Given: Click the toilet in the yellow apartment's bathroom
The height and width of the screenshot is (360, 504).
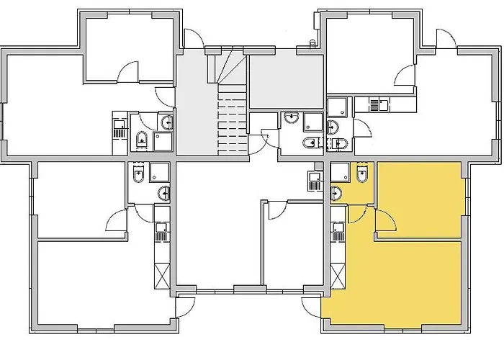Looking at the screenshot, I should click(x=363, y=173).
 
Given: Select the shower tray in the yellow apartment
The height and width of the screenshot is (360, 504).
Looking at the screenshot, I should click(x=341, y=173).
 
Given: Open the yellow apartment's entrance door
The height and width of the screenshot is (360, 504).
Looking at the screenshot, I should click(x=311, y=306).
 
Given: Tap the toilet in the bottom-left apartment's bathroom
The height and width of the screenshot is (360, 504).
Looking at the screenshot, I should click(x=138, y=173).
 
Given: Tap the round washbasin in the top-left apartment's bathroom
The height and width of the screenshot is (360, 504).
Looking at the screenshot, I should click(x=166, y=122).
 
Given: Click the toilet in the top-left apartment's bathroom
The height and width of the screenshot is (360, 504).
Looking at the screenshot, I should click(x=142, y=138).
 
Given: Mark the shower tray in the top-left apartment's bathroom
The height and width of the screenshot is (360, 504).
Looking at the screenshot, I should click(x=164, y=141).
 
